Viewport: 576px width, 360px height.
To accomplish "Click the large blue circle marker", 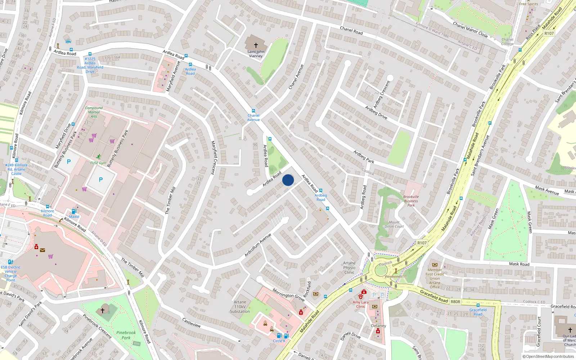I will tap(288, 180).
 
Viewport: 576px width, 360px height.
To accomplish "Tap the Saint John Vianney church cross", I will tap(256, 45).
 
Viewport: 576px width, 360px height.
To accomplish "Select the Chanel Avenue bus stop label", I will tap(253, 118).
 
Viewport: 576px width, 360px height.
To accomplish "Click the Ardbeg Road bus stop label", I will tap(320, 197).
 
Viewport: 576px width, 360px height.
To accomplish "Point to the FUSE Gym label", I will tap(98, 163).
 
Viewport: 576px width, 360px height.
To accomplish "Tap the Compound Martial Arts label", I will tap(94, 112).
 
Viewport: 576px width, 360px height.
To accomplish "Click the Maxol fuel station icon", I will tap(74, 212).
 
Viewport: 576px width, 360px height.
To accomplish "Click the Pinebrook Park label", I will tap(126, 335).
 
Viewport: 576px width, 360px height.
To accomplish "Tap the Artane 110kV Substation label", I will tap(240, 307).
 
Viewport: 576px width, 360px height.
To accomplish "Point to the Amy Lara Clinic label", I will tap(360, 304).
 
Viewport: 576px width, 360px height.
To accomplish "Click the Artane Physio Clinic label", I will tap(349, 267).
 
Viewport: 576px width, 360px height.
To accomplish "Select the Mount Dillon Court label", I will tap(394, 224).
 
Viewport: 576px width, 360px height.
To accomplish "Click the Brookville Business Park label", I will tap(411, 201).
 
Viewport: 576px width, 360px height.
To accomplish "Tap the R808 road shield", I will tap(455, 302).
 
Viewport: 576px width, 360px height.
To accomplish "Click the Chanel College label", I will tap(507, 42).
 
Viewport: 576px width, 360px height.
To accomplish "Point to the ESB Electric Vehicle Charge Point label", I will tap(11, 274).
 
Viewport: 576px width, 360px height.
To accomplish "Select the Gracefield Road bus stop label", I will tap(478, 312).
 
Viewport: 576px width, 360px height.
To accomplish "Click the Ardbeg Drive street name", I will tap(376, 112).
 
